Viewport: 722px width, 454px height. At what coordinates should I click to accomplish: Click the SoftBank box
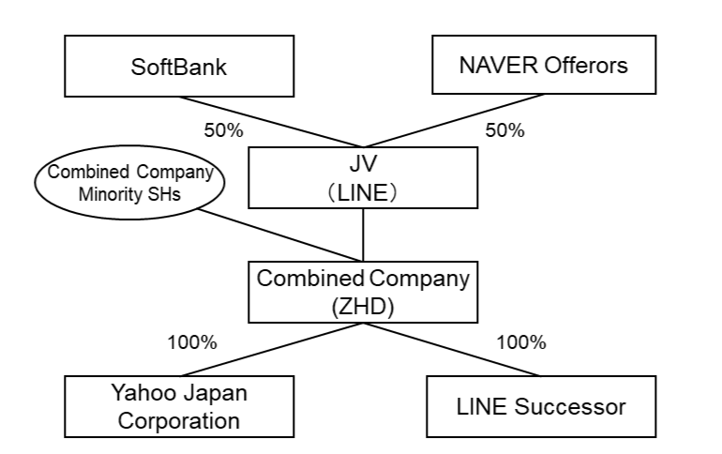tap(179, 67)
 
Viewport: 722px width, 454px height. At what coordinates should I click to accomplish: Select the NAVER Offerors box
tap(545, 67)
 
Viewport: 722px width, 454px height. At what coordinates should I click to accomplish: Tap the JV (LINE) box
tap(362, 177)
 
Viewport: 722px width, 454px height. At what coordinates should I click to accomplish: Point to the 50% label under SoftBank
tap(222, 129)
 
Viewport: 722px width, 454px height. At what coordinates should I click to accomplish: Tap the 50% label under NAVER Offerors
tap(506, 129)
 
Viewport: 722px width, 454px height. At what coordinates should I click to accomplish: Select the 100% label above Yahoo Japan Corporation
tap(191, 341)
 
